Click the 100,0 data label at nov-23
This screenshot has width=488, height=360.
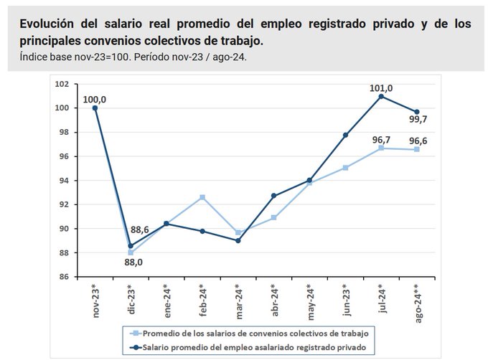pos(95,99)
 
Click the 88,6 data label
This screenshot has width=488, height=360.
pos(140,230)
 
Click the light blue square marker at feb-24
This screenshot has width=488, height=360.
pos(202,197)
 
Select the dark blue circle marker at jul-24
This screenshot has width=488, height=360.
pos(381,96)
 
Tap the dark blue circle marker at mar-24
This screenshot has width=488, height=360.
pos(238,240)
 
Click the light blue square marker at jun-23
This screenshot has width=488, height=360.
pos(345,168)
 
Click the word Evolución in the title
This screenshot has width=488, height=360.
pos(49,22)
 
